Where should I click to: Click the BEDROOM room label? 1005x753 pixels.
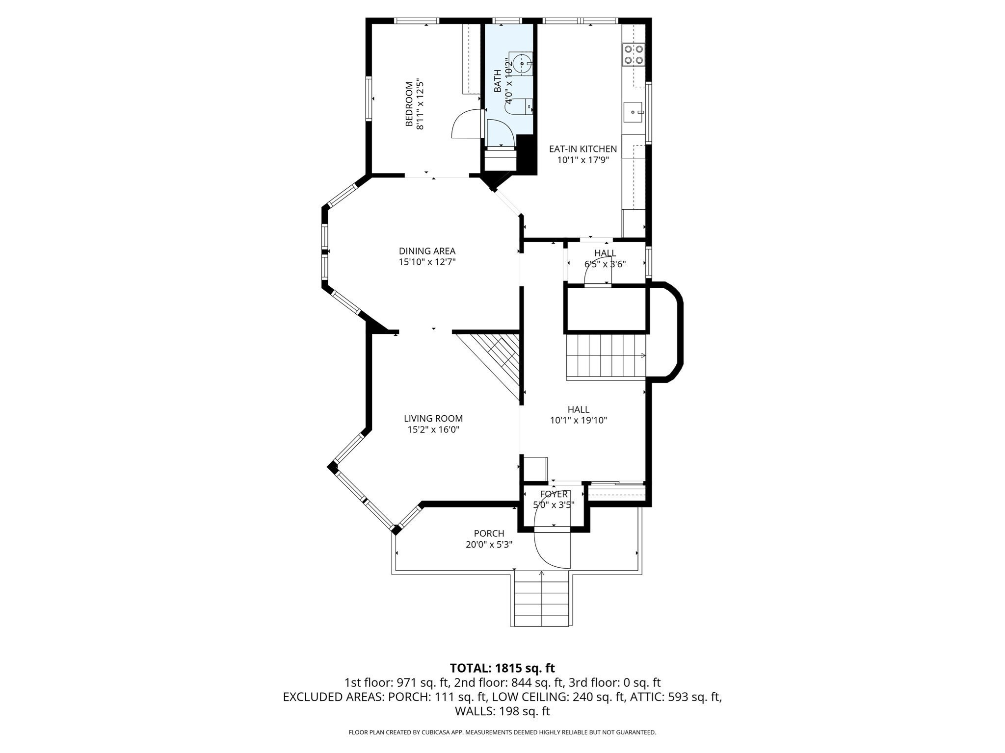(409, 104)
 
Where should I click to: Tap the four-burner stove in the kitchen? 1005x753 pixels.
(633, 55)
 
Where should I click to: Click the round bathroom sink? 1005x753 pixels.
(522, 63)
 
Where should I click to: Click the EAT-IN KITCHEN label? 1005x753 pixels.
(582, 149)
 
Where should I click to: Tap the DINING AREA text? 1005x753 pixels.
(427, 251)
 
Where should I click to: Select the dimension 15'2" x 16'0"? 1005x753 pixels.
(433, 430)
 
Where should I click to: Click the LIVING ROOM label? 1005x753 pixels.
(433, 419)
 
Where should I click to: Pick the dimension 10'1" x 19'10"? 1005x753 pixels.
(579, 420)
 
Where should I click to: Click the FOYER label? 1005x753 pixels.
(554, 494)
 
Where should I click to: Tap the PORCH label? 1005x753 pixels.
(489, 533)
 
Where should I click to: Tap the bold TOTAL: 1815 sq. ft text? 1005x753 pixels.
(502, 668)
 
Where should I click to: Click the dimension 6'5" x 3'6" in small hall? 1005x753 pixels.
(605, 264)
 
